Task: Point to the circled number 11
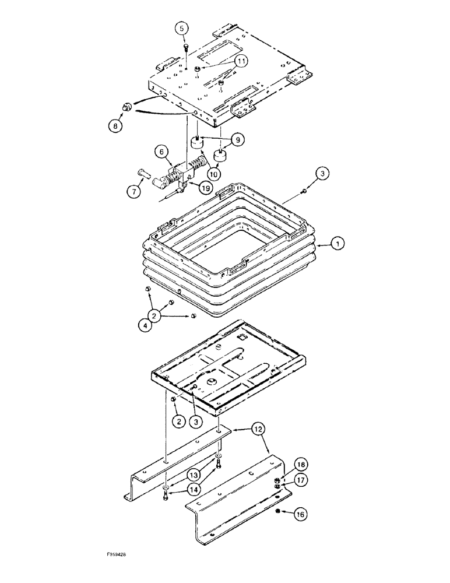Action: click(x=241, y=61)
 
